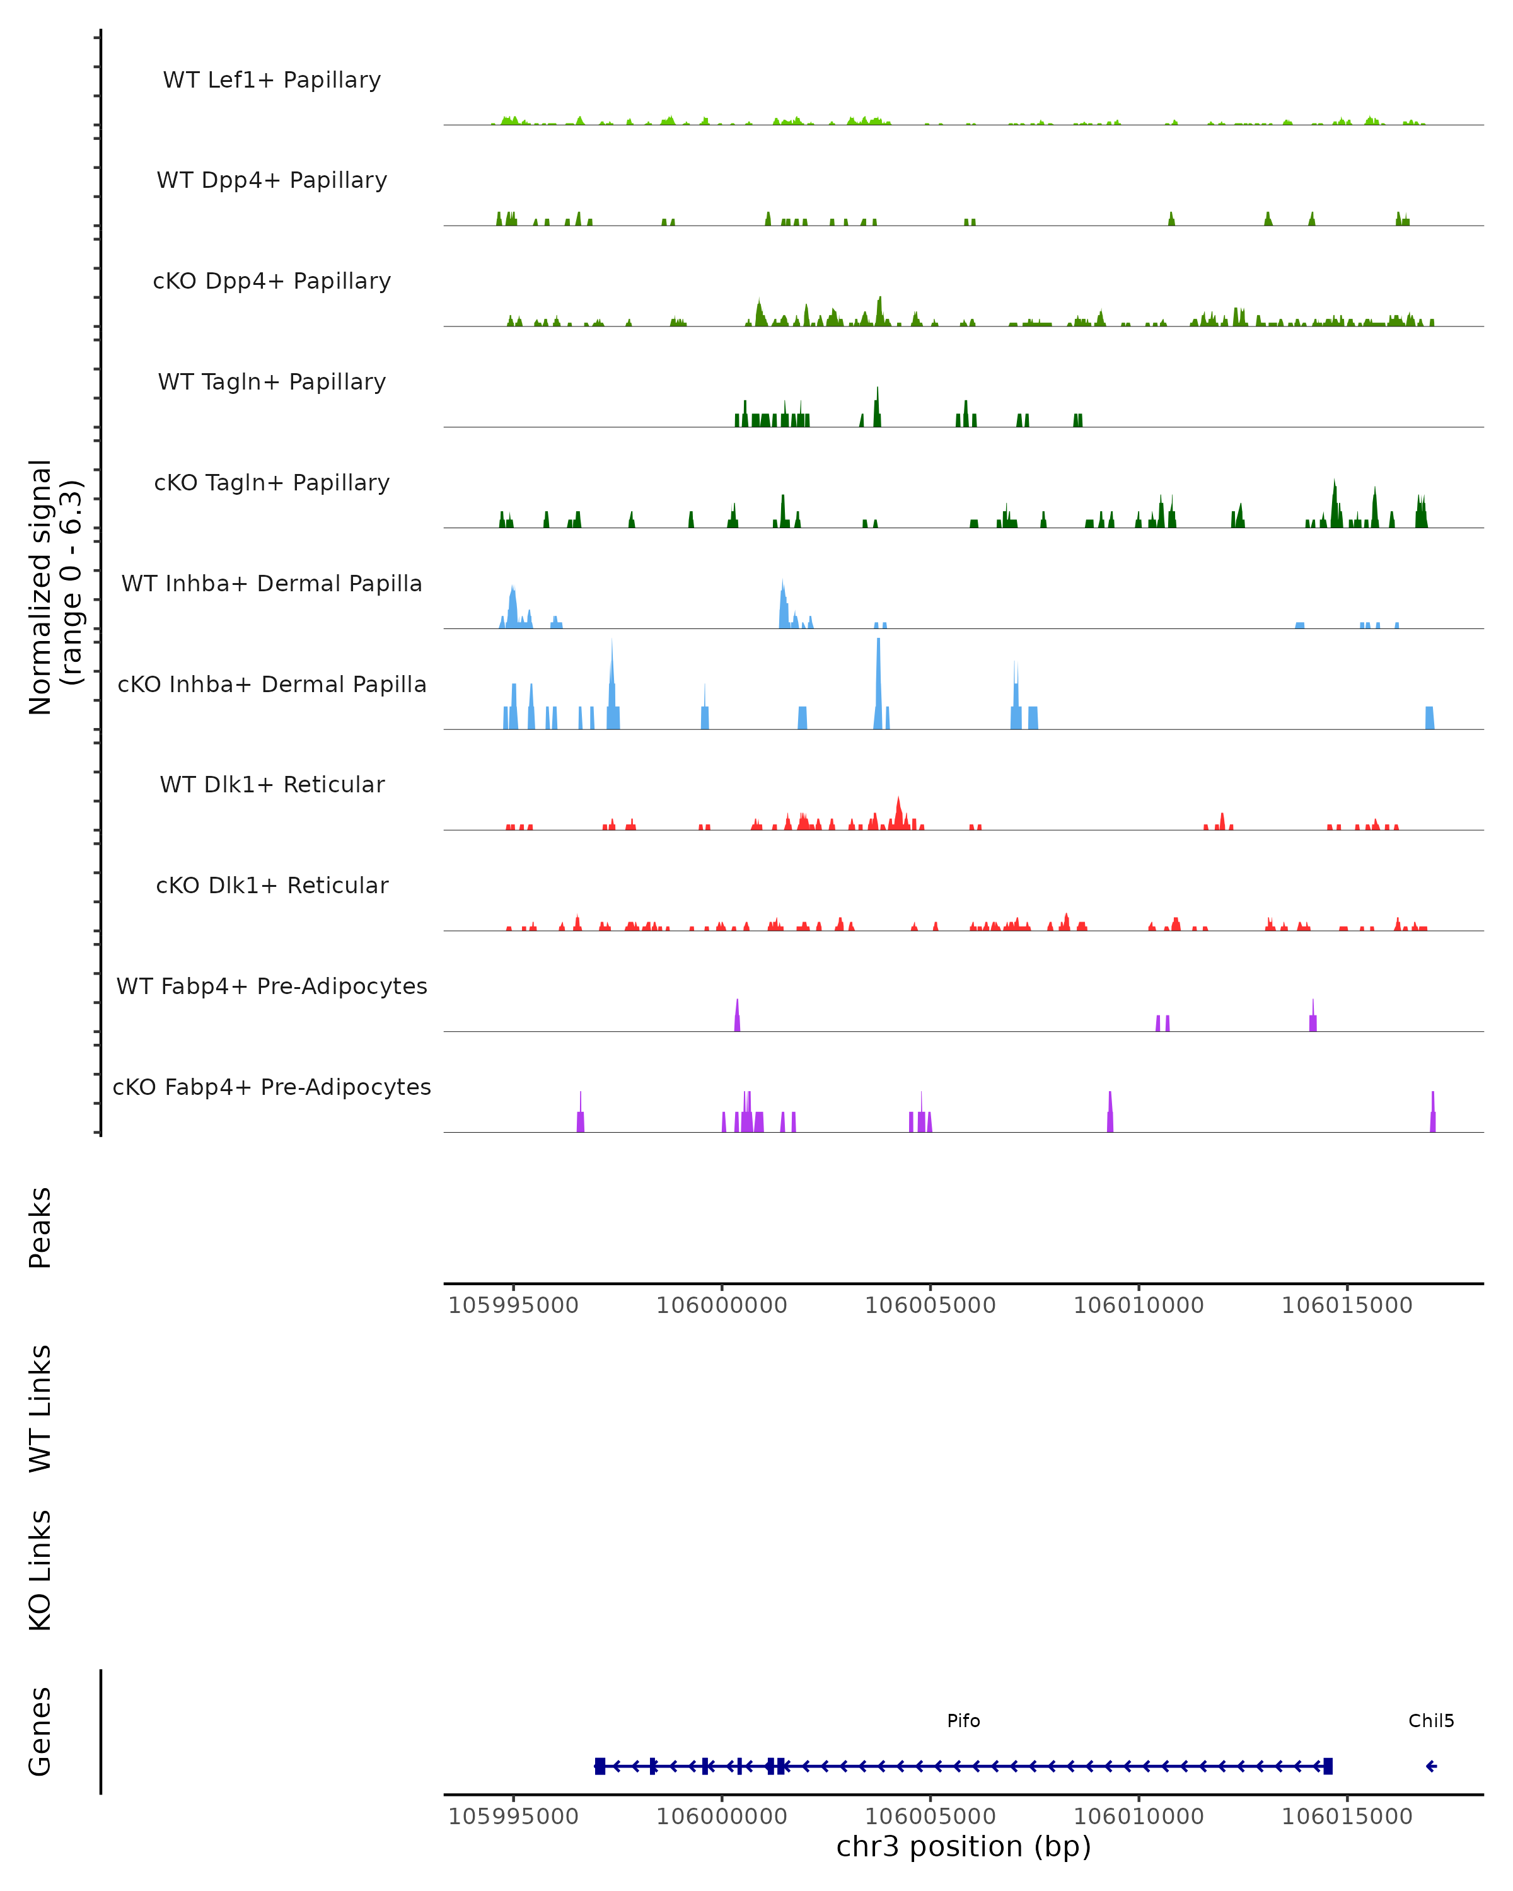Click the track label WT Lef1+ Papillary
tap(272, 80)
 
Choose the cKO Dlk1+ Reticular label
tap(272, 885)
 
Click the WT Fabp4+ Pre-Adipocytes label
tap(272, 986)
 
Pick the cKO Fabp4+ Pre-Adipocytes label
tap(272, 1087)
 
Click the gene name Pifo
tap(963, 1721)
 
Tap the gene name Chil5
tap(1430, 1721)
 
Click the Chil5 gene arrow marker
tap(1430, 1766)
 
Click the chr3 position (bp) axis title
tap(963, 1846)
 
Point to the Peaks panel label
tap(40, 1227)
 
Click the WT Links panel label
tap(40, 1408)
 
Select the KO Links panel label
tap(40, 1570)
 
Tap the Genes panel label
tap(40, 1732)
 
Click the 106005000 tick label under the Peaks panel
tap(930, 1305)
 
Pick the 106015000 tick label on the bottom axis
tap(1347, 1817)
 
